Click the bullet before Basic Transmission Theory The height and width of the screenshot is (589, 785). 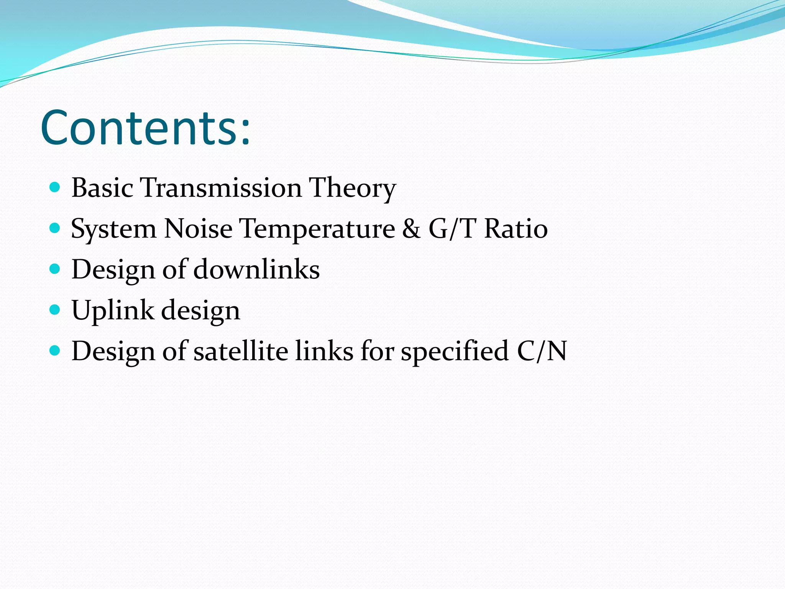click(x=55, y=188)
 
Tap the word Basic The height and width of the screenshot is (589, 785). click(x=102, y=188)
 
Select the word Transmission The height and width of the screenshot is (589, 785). click(x=221, y=188)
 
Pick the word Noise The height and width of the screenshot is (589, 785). click(x=198, y=229)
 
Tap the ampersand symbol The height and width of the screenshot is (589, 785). click(x=411, y=229)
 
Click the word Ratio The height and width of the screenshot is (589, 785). click(x=516, y=229)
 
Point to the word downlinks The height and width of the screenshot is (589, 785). click(x=256, y=270)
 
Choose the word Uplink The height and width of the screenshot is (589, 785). click(x=113, y=310)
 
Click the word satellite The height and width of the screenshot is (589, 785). click(x=240, y=351)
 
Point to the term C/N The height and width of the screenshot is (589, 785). click(x=542, y=351)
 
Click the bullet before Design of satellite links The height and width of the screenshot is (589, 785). click(x=55, y=350)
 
